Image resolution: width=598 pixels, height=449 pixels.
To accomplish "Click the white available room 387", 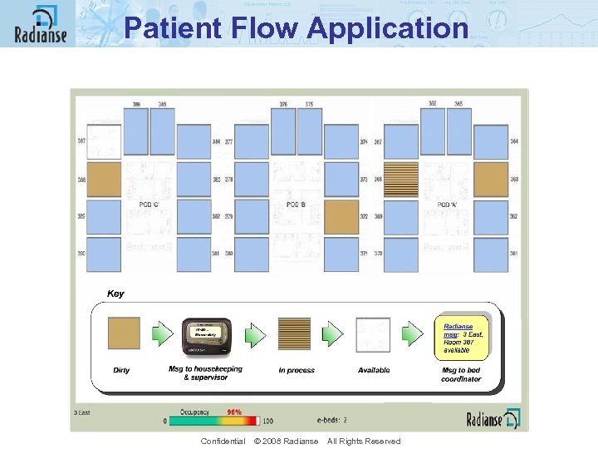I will click(104, 142).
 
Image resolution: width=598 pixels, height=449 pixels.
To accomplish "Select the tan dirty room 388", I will click(104, 180).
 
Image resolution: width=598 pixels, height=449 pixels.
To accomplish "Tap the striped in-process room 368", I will click(401, 180).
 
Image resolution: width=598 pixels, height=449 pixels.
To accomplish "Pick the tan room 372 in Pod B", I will click(341, 216).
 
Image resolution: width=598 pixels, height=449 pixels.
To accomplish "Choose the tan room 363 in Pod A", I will click(491, 180).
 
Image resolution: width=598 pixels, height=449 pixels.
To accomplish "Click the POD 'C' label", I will click(149, 205).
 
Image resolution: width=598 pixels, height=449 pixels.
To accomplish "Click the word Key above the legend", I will click(115, 294).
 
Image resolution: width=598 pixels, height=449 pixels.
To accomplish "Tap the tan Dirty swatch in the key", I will click(124, 333).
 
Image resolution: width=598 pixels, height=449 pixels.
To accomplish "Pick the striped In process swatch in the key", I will click(295, 333).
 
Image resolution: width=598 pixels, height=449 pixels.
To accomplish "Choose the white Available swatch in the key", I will click(373, 333).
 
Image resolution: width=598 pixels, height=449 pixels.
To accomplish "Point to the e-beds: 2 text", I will click(331, 421).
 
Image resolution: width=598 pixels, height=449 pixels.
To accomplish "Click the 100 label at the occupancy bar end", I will click(267, 422).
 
